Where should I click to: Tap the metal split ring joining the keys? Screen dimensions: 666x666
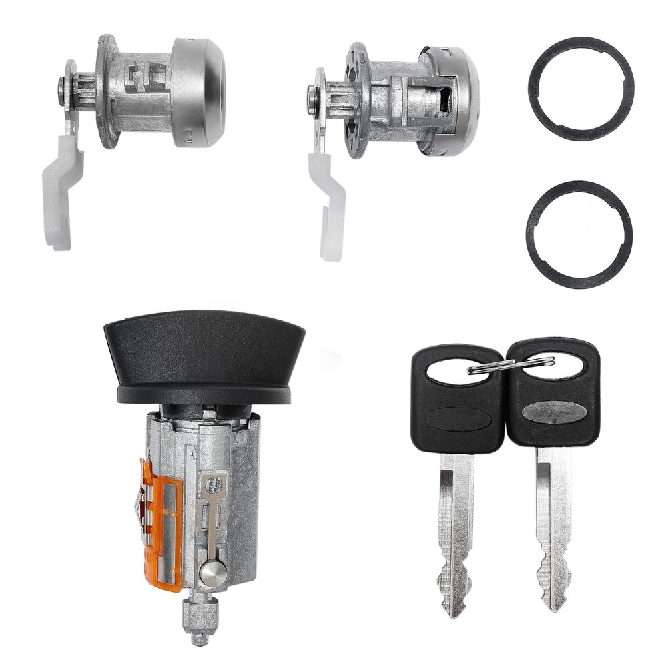point(511,365)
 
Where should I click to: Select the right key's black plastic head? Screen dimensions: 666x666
point(553,393)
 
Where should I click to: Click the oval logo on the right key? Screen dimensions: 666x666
point(554,412)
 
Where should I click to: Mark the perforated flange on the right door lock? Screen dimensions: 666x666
point(357,100)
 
